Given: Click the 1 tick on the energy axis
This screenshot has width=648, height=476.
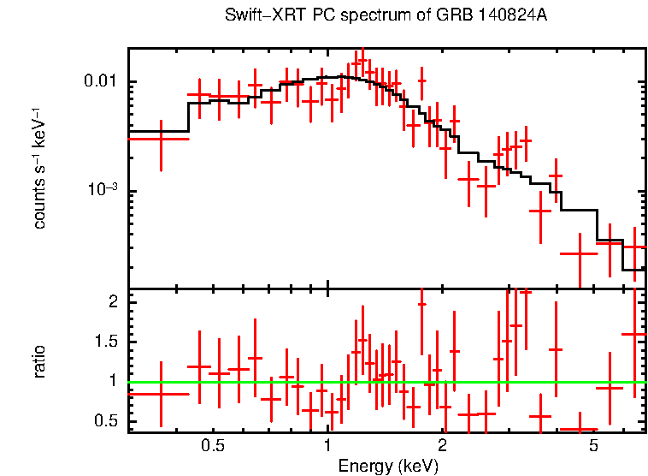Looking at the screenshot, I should [327, 447].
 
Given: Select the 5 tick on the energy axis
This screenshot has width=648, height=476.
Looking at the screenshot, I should [594, 447].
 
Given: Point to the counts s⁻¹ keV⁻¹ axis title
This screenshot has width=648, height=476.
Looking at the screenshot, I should [39, 168].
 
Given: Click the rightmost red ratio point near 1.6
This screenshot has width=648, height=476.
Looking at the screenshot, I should [634, 334].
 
